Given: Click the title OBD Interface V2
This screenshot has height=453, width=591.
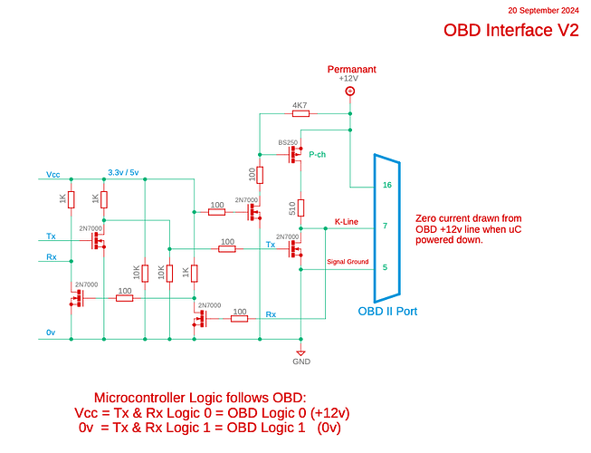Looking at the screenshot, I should pyautogui.click(x=510, y=30).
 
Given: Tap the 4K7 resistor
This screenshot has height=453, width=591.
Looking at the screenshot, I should pyautogui.click(x=300, y=114).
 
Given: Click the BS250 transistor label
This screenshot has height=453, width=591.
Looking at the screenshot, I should pyautogui.click(x=288, y=143).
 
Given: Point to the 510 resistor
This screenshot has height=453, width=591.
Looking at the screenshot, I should pyautogui.click(x=301, y=208).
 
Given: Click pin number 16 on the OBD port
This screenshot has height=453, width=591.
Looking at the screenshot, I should pyautogui.click(x=387, y=185).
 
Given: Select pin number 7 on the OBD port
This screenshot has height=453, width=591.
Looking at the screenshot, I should pyautogui.click(x=386, y=226).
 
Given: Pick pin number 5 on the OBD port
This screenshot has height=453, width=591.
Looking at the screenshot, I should pyautogui.click(x=386, y=267).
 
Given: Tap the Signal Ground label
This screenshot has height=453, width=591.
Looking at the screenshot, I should pyautogui.click(x=348, y=262).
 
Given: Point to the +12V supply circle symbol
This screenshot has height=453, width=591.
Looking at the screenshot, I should pyautogui.click(x=350, y=91).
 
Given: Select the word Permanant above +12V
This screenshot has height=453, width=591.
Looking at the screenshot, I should pyautogui.click(x=350, y=69).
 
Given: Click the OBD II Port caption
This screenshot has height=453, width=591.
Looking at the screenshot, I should pyautogui.click(x=387, y=312).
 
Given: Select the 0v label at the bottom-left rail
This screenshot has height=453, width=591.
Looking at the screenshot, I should pyautogui.click(x=52, y=333).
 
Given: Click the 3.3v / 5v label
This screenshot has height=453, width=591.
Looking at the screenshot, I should pyautogui.click(x=124, y=173).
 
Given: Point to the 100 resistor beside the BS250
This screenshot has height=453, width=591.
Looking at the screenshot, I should pyautogui.click(x=260, y=175).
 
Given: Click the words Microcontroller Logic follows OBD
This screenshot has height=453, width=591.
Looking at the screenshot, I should pyautogui.click(x=200, y=398).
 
